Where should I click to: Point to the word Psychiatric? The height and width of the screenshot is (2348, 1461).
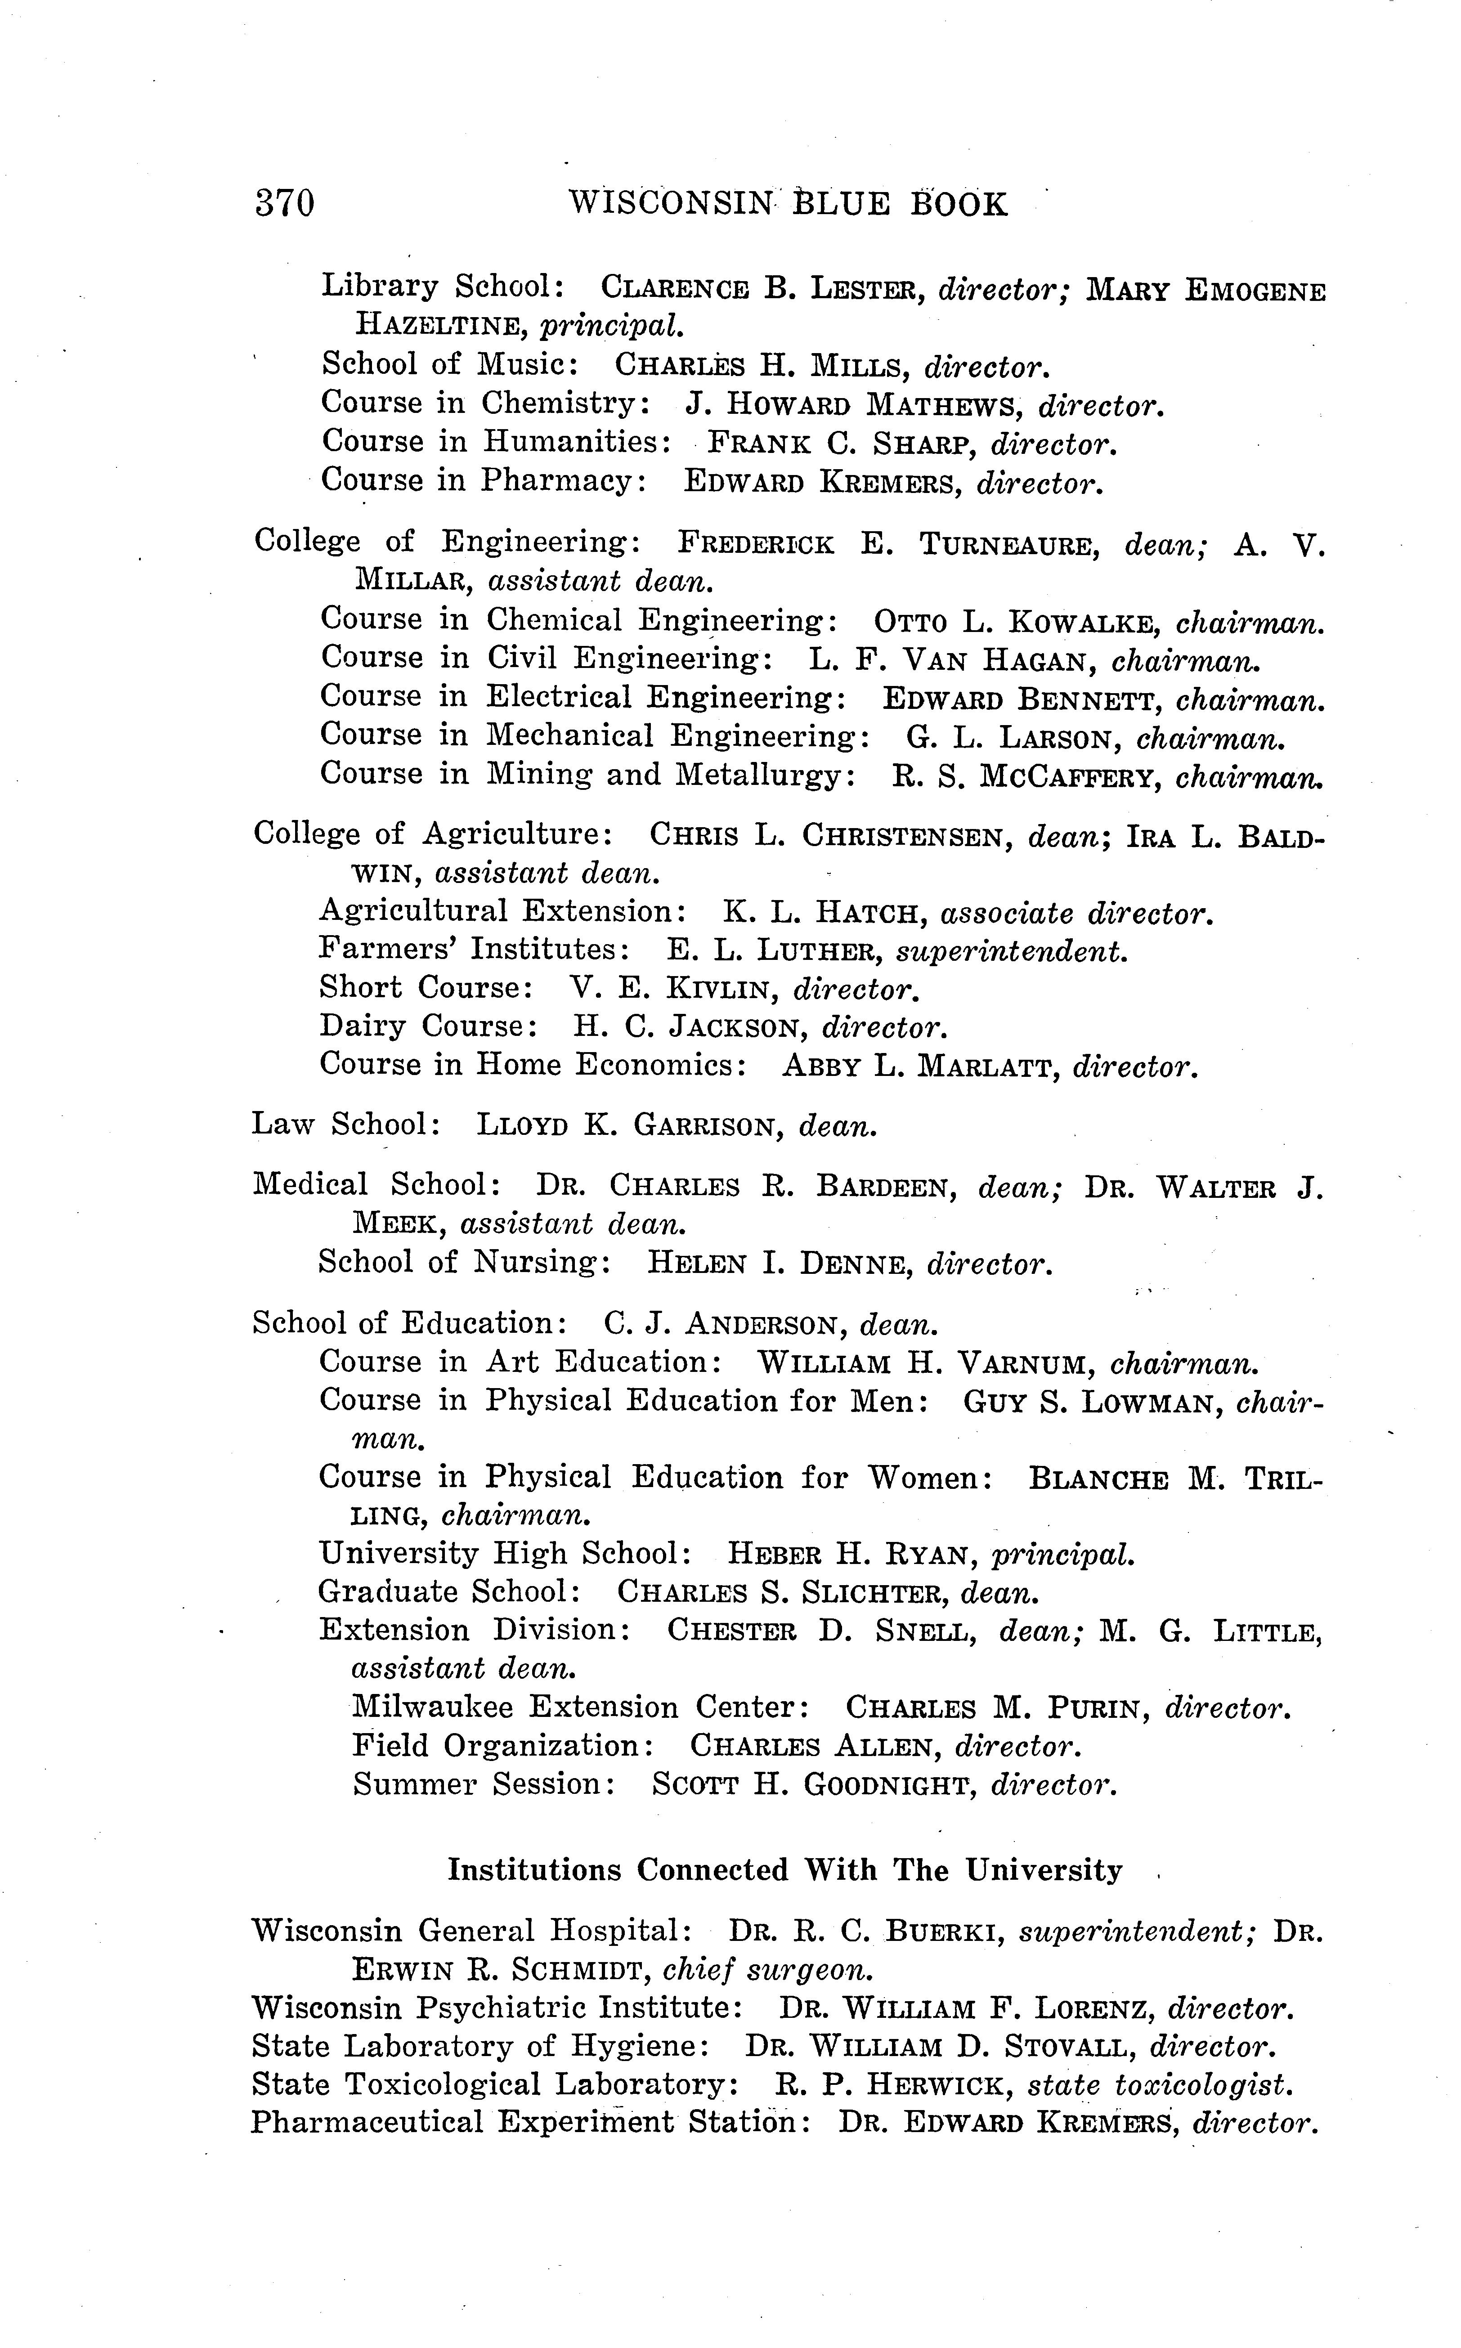pos(498,2010)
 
